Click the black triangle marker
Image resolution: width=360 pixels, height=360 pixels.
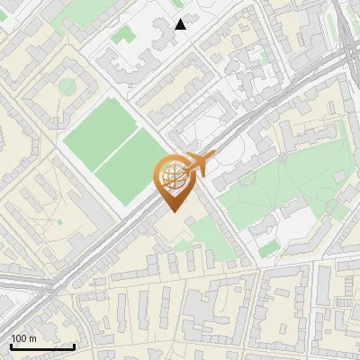(x=181, y=24)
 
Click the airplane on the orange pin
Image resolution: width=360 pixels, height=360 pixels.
(x=200, y=164)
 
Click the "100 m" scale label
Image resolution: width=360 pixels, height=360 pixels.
(x=23, y=338)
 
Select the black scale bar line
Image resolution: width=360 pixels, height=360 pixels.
(x=42, y=346)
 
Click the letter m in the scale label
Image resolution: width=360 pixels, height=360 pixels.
(x=32, y=338)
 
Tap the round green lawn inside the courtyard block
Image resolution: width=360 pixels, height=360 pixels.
(x=67, y=86)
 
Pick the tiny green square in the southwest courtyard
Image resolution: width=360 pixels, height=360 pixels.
(x=59, y=221)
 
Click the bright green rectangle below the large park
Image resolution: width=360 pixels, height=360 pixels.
(x=269, y=248)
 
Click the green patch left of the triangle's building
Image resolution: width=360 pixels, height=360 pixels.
(x=122, y=37)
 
